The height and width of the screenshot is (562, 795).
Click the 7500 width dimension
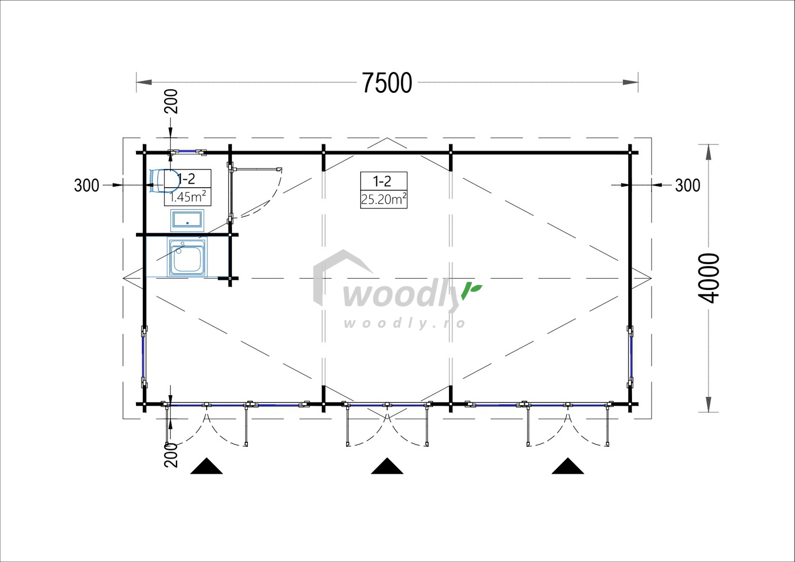[x=387, y=83]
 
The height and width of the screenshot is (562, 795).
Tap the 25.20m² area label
[x=384, y=200]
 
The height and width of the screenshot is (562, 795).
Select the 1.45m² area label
[x=188, y=197]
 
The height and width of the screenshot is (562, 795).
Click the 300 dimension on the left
[x=87, y=185]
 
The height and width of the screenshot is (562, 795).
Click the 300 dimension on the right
[x=688, y=185]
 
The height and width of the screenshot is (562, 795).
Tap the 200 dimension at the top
[x=171, y=101]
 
